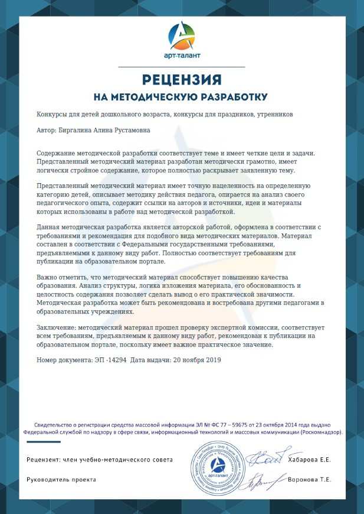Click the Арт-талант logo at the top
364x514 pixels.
click(181, 40)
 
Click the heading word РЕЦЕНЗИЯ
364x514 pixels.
click(181, 79)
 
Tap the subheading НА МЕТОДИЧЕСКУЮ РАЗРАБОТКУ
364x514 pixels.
click(181, 96)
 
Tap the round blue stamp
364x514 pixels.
click(218, 464)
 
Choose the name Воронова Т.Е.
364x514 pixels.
click(309, 480)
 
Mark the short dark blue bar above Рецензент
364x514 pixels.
click(42, 443)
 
